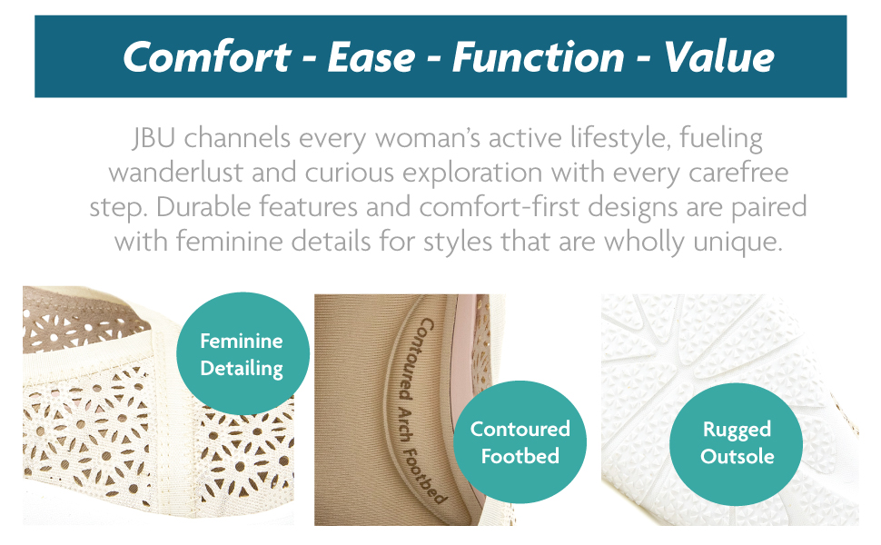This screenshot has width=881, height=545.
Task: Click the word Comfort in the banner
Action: [x=207, y=56]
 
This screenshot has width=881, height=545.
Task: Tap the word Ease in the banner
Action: [x=371, y=57]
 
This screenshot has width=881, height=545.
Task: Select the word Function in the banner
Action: [x=539, y=57]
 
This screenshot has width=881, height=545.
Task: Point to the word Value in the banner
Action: [x=718, y=57]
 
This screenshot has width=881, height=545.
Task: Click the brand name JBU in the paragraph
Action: [x=153, y=138]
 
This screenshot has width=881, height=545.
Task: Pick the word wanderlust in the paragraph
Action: [x=175, y=173]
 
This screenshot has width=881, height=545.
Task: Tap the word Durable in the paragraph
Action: [x=203, y=207]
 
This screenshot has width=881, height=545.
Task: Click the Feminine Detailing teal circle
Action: [x=243, y=353]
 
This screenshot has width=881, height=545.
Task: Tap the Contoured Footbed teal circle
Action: [x=520, y=441]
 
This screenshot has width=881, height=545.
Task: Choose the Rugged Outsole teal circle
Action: [x=736, y=444]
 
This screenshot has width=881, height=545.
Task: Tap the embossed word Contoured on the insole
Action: [x=415, y=360]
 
